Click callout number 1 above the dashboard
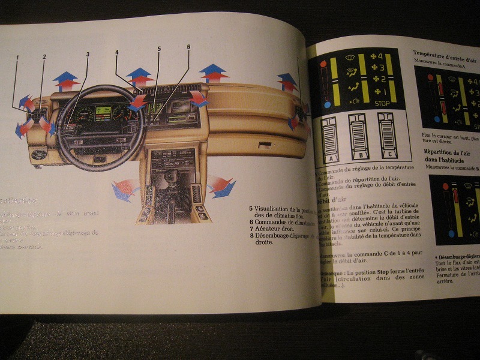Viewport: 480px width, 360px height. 17,58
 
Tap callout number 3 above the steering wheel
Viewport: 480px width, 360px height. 88,55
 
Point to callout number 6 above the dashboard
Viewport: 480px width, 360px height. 188,47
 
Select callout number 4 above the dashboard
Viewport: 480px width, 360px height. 117,52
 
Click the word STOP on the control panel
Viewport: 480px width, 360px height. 382,103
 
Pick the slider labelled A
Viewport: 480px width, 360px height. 329,140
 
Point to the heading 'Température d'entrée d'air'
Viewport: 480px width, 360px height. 445,53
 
